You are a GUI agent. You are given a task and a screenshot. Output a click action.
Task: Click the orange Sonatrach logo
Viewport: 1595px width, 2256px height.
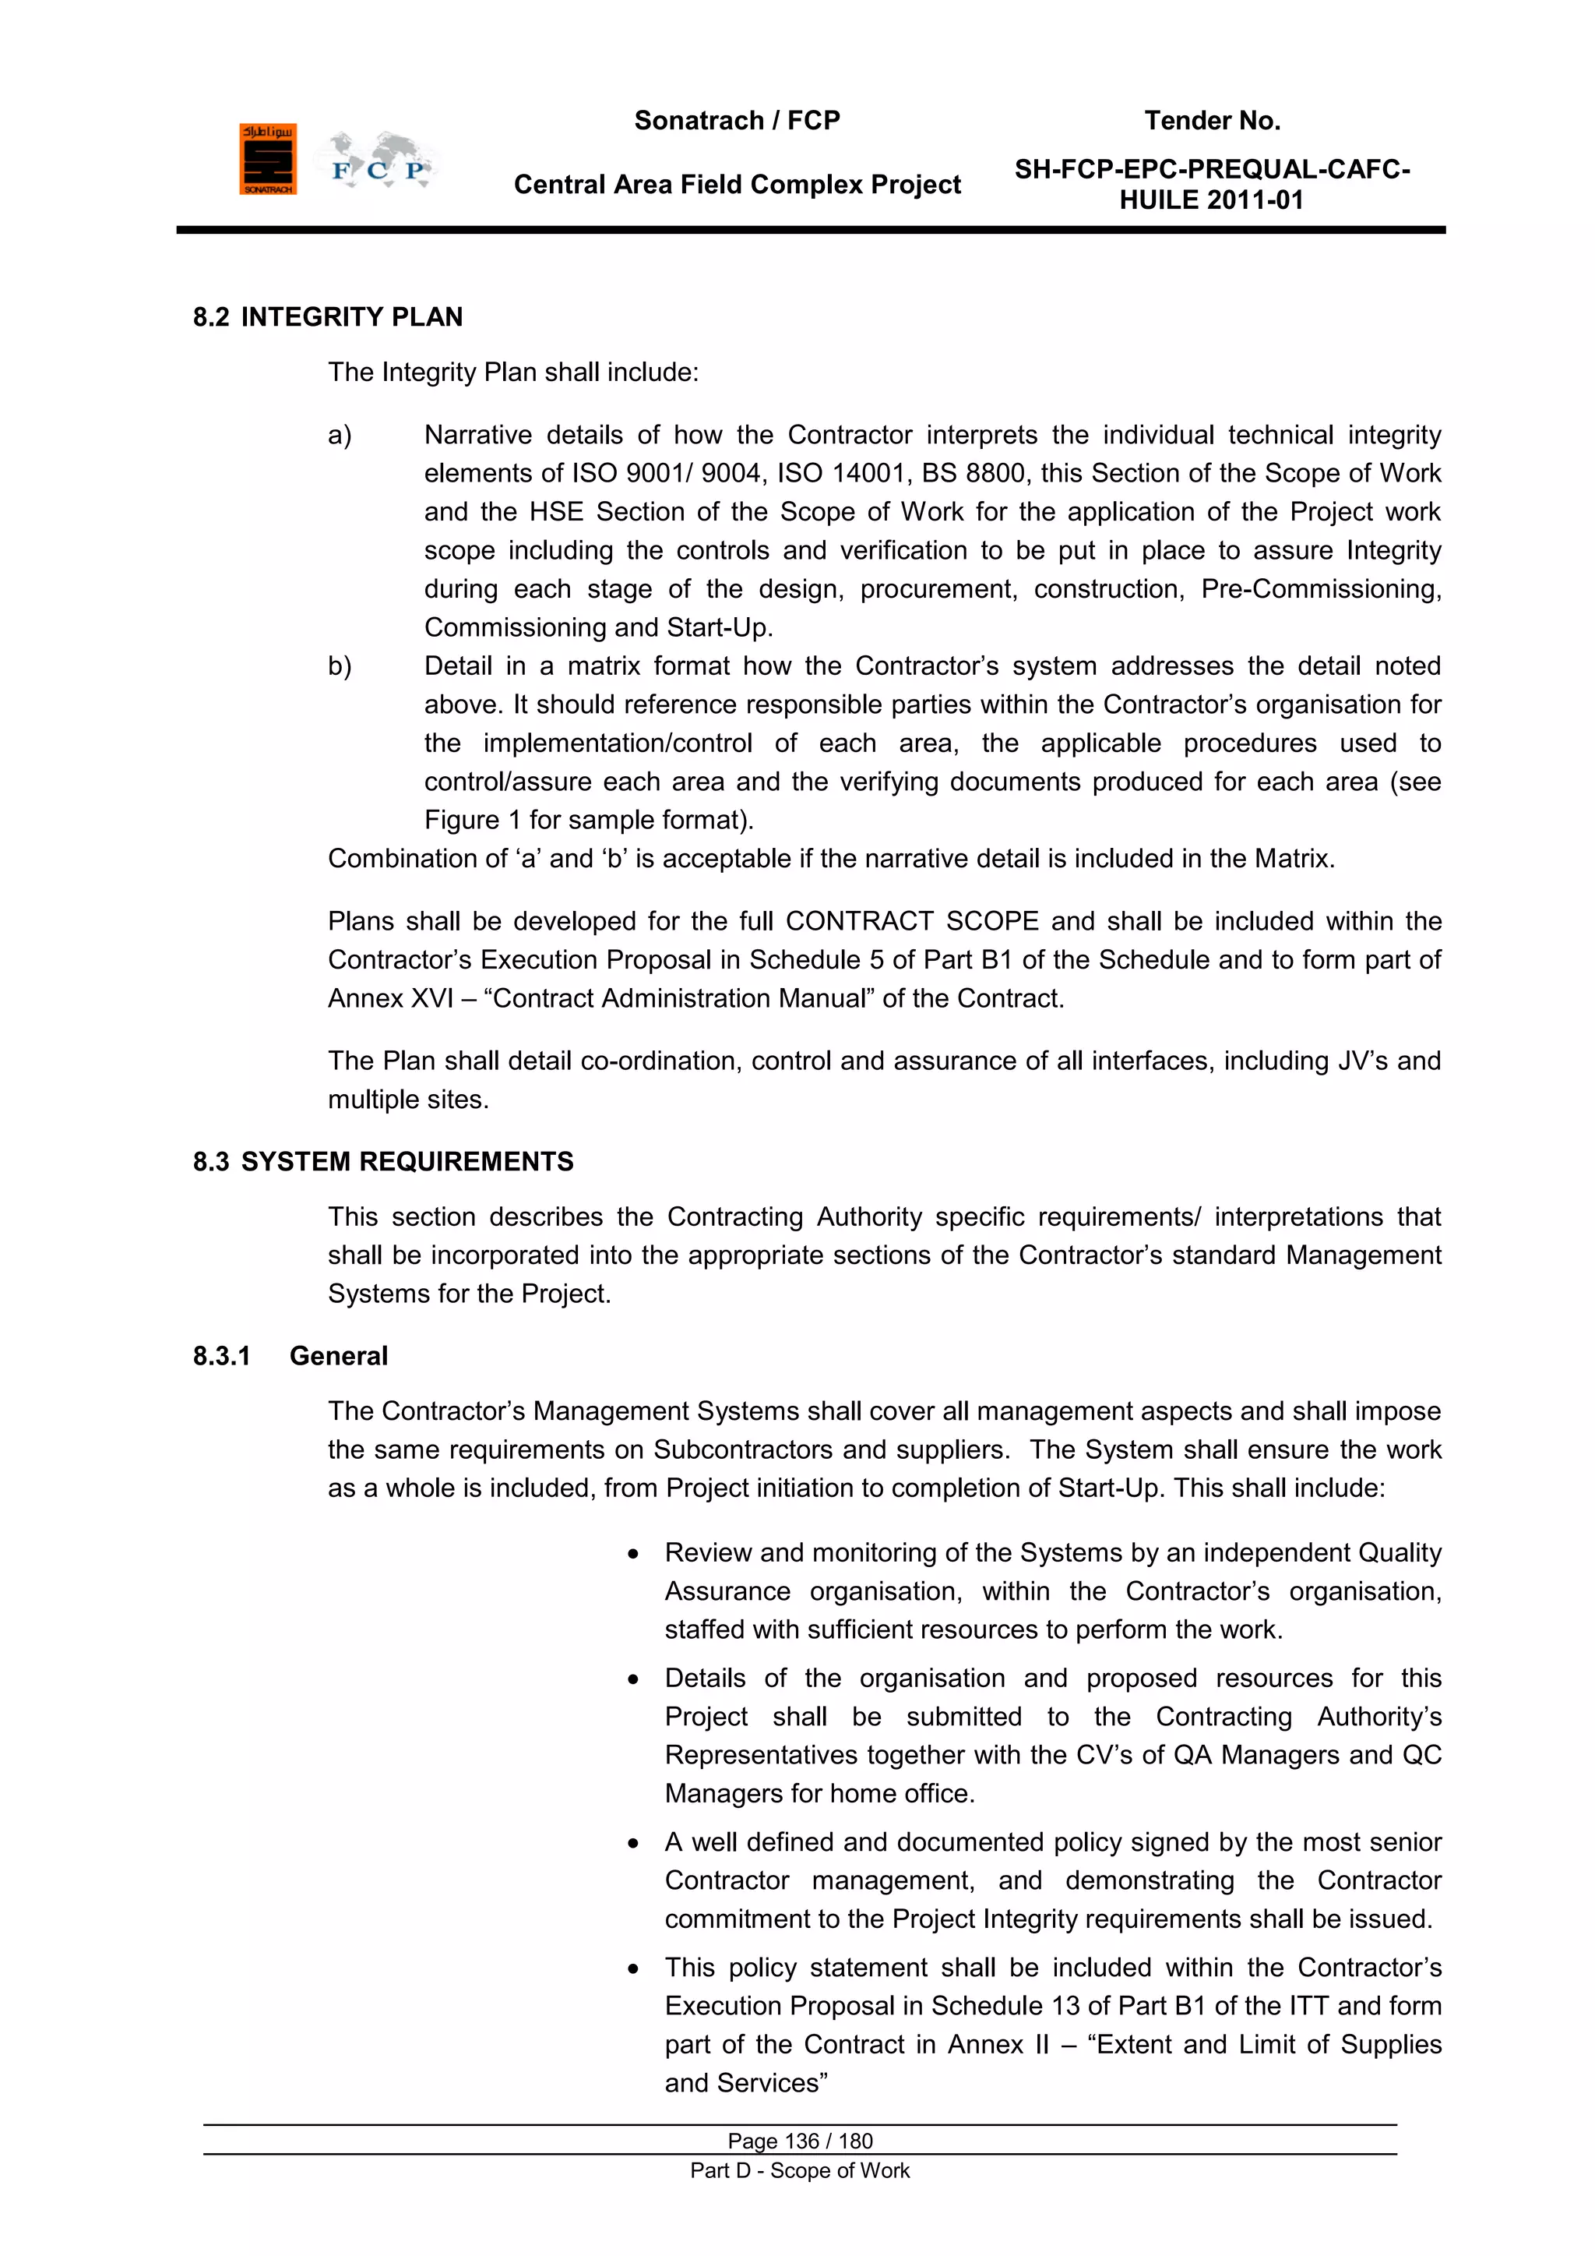pyautogui.click(x=267, y=159)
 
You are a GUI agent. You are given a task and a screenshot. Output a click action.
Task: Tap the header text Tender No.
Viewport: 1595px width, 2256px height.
pyautogui.click(x=1212, y=121)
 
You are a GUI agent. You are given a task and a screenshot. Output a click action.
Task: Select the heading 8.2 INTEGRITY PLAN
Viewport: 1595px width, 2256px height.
pyautogui.click(x=327, y=317)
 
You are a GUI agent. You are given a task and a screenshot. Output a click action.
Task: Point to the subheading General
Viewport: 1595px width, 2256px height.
pyautogui.click(x=338, y=1356)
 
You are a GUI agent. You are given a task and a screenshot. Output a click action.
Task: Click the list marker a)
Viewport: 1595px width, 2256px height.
pyautogui.click(x=340, y=436)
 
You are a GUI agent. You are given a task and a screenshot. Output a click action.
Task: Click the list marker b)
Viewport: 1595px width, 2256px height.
pyautogui.click(x=340, y=666)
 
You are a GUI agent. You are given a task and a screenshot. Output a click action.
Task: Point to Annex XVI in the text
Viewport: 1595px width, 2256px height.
pyautogui.click(x=390, y=998)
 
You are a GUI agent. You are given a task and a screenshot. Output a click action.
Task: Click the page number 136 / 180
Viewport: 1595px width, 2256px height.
pyautogui.click(x=800, y=2141)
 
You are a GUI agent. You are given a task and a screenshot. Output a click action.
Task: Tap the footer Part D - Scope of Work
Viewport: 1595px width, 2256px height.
pyautogui.click(x=800, y=2170)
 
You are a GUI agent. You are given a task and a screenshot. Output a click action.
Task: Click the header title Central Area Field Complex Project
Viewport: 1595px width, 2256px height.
pyautogui.click(x=737, y=185)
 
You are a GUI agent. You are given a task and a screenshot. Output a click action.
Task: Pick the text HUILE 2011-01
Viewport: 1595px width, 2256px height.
pyautogui.click(x=1211, y=200)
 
